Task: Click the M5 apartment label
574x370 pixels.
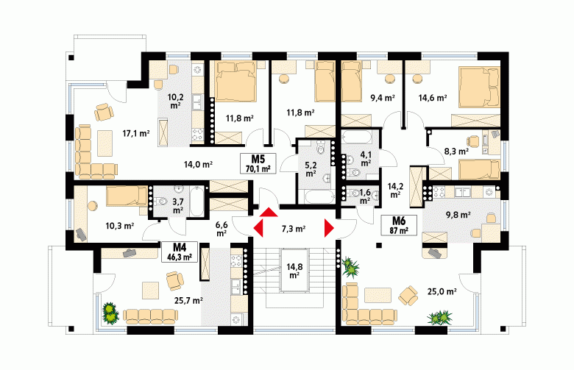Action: pos(258,163)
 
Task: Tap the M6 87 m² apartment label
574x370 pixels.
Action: pos(399,225)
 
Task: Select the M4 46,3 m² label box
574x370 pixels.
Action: pos(180,252)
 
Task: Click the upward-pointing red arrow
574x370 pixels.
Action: pos(269,213)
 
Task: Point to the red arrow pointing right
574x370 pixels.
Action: pos(329,228)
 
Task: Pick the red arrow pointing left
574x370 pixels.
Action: pos(258,228)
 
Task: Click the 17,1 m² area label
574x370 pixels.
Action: pos(136,134)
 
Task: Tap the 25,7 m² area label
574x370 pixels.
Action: pos(189,300)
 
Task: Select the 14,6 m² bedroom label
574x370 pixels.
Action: pos(433,98)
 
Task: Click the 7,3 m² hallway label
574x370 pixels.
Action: pos(294,229)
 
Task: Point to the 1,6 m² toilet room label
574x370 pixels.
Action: pos(364,196)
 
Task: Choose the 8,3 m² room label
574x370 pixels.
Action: pos(456,151)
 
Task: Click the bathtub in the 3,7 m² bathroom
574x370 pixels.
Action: pos(196,201)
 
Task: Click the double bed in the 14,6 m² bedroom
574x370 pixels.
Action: pos(479,87)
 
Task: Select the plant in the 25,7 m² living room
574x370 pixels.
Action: pos(110,313)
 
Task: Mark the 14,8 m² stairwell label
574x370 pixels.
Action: pos(294,271)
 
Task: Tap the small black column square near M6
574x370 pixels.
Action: pos(379,245)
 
